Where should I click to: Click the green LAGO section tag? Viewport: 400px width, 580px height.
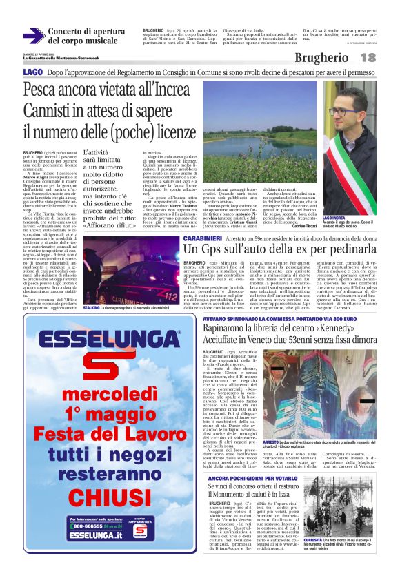32,72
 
